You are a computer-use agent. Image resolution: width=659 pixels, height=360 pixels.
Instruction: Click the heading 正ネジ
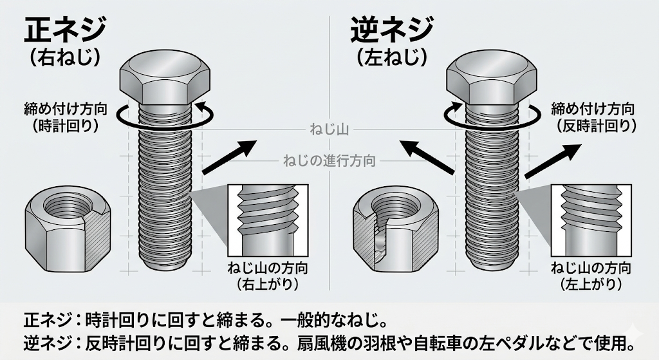point(65,30)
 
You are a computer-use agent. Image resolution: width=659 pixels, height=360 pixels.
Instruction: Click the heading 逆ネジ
point(392,30)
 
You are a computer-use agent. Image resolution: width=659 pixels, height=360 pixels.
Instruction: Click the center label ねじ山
point(329,131)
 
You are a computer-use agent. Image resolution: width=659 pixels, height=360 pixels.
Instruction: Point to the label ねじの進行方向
point(329,160)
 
